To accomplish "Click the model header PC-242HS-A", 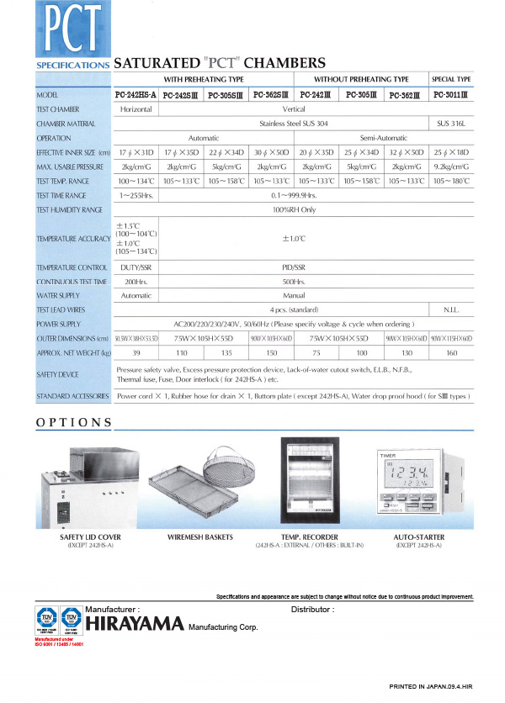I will coord(135,95).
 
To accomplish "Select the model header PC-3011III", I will coord(454,95).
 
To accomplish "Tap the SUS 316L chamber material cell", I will coord(454,123).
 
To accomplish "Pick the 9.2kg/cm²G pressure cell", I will coord(454,166).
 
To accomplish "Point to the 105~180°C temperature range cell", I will coord(454,181).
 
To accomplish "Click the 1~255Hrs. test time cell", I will coord(135,195).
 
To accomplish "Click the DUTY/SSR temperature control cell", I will coord(135,267).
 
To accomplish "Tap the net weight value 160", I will coord(454,352).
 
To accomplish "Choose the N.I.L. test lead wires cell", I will coord(454,309).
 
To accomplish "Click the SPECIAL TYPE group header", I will coord(454,79).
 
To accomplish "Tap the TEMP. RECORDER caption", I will coord(310,536).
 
